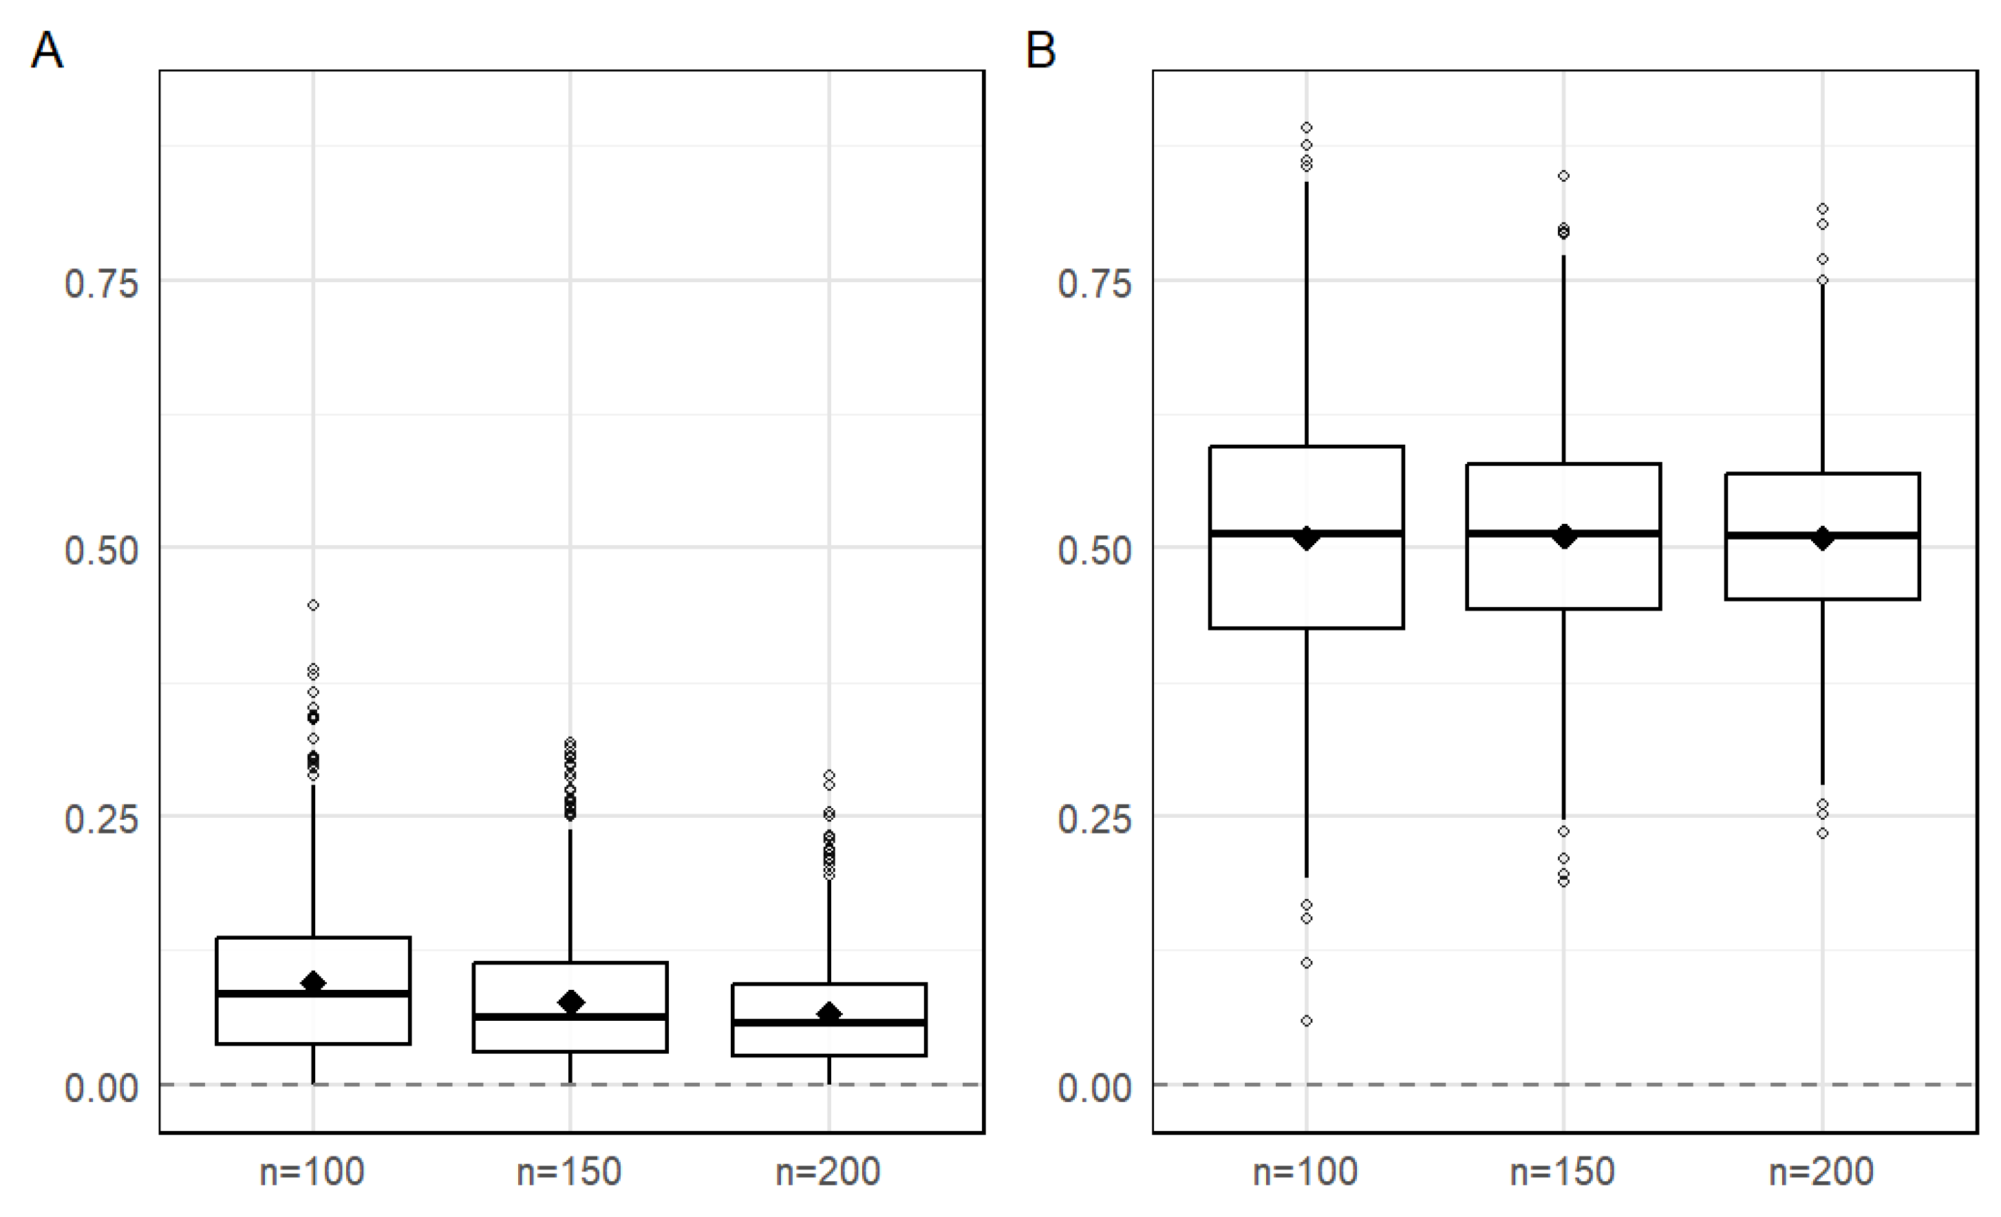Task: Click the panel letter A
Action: coord(47,50)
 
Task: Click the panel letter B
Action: coord(1041,50)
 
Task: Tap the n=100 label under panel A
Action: coord(312,1172)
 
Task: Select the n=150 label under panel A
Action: coord(569,1172)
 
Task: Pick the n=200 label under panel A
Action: coord(828,1172)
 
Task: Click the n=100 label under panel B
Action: coord(1305,1172)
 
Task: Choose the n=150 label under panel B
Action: coord(1563,1172)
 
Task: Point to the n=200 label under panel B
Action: coord(1821,1172)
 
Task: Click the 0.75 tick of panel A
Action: coord(102,284)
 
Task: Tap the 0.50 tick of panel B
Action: coord(1094,551)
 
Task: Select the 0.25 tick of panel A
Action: coord(102,819)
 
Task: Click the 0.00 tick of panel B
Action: coord(1094,1088)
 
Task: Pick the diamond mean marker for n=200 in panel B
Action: coord(1822,538)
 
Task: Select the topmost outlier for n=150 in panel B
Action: coord(1563,176)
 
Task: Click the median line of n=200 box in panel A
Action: coord(829,1022)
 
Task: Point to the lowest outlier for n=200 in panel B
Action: coord(1822,834)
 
